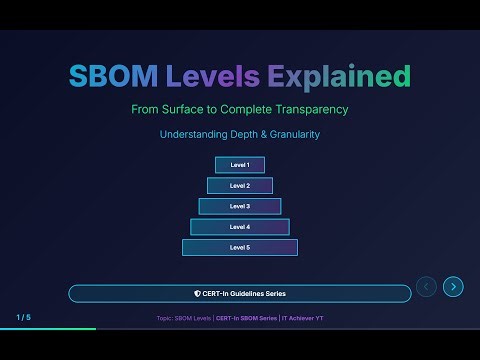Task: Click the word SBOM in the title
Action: click(x=106, y=76)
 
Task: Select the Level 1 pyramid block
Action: click(x=240, y=165)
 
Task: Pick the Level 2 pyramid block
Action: click(x=240, y=185)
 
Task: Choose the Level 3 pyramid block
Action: click(x=240, y=206)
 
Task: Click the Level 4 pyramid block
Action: click(x=240, y=227)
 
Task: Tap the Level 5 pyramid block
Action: click(x=240, y=247)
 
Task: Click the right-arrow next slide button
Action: click(x=453, y=287)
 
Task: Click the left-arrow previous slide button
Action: click(x=426, y=287)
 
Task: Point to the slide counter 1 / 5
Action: click(x=23, y=317)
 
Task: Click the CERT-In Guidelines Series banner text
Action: click(x=244, y=294)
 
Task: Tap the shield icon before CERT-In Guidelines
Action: click(x=197, y=294)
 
